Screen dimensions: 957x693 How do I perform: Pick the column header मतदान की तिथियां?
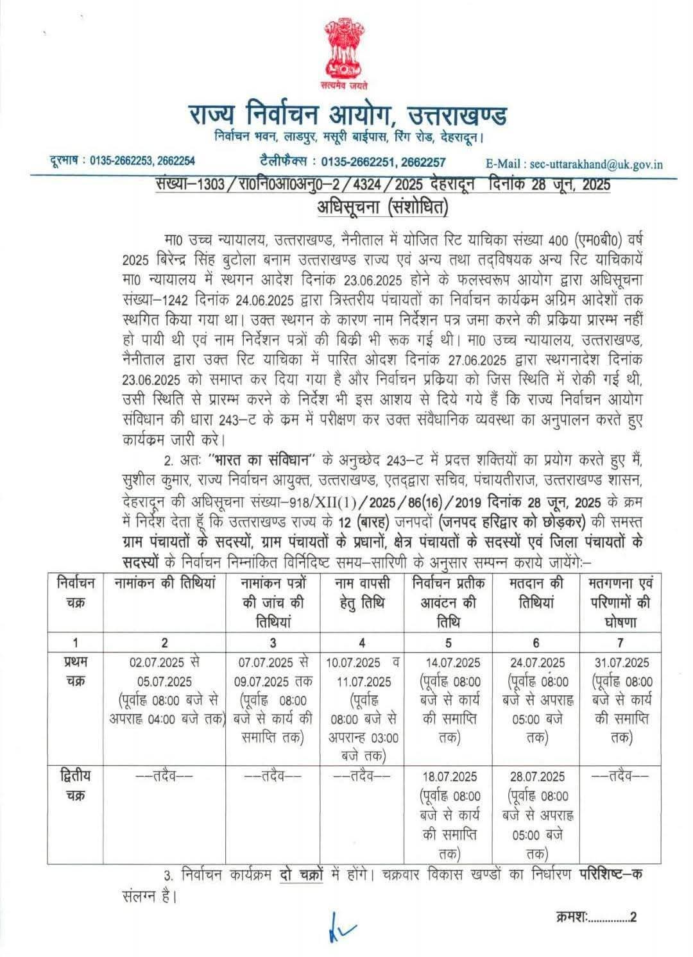(536, 593)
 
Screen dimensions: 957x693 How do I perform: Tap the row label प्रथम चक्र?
(76, 672)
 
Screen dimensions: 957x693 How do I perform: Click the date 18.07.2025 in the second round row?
(450, 777)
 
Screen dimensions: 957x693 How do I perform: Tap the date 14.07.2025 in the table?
(450, 663)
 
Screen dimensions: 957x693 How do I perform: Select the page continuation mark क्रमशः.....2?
(595, 917)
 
